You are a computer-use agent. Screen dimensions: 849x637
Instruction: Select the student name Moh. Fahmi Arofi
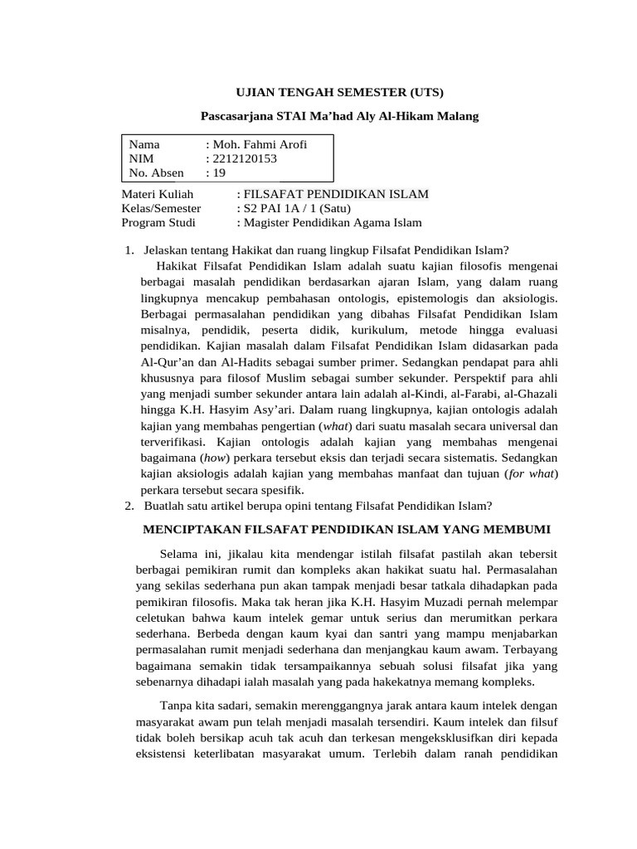(x=260, y=144)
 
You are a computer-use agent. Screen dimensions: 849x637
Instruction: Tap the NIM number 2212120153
(x=246, y=158)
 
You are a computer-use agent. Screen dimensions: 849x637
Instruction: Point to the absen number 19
(x=219, y=172)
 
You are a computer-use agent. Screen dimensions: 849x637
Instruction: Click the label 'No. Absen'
(x=157, y=172)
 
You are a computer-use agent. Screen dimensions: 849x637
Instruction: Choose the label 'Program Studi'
(x=158, y=222)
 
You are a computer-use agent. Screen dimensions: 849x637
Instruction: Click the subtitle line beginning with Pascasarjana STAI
(x=342, y=116)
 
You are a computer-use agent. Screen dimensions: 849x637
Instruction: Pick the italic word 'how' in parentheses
(x=215, y=458)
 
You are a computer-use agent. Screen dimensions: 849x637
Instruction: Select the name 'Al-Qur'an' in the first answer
(x=163, y=362)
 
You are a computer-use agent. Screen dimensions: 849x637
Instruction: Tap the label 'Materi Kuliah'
(x=157, y=194)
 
